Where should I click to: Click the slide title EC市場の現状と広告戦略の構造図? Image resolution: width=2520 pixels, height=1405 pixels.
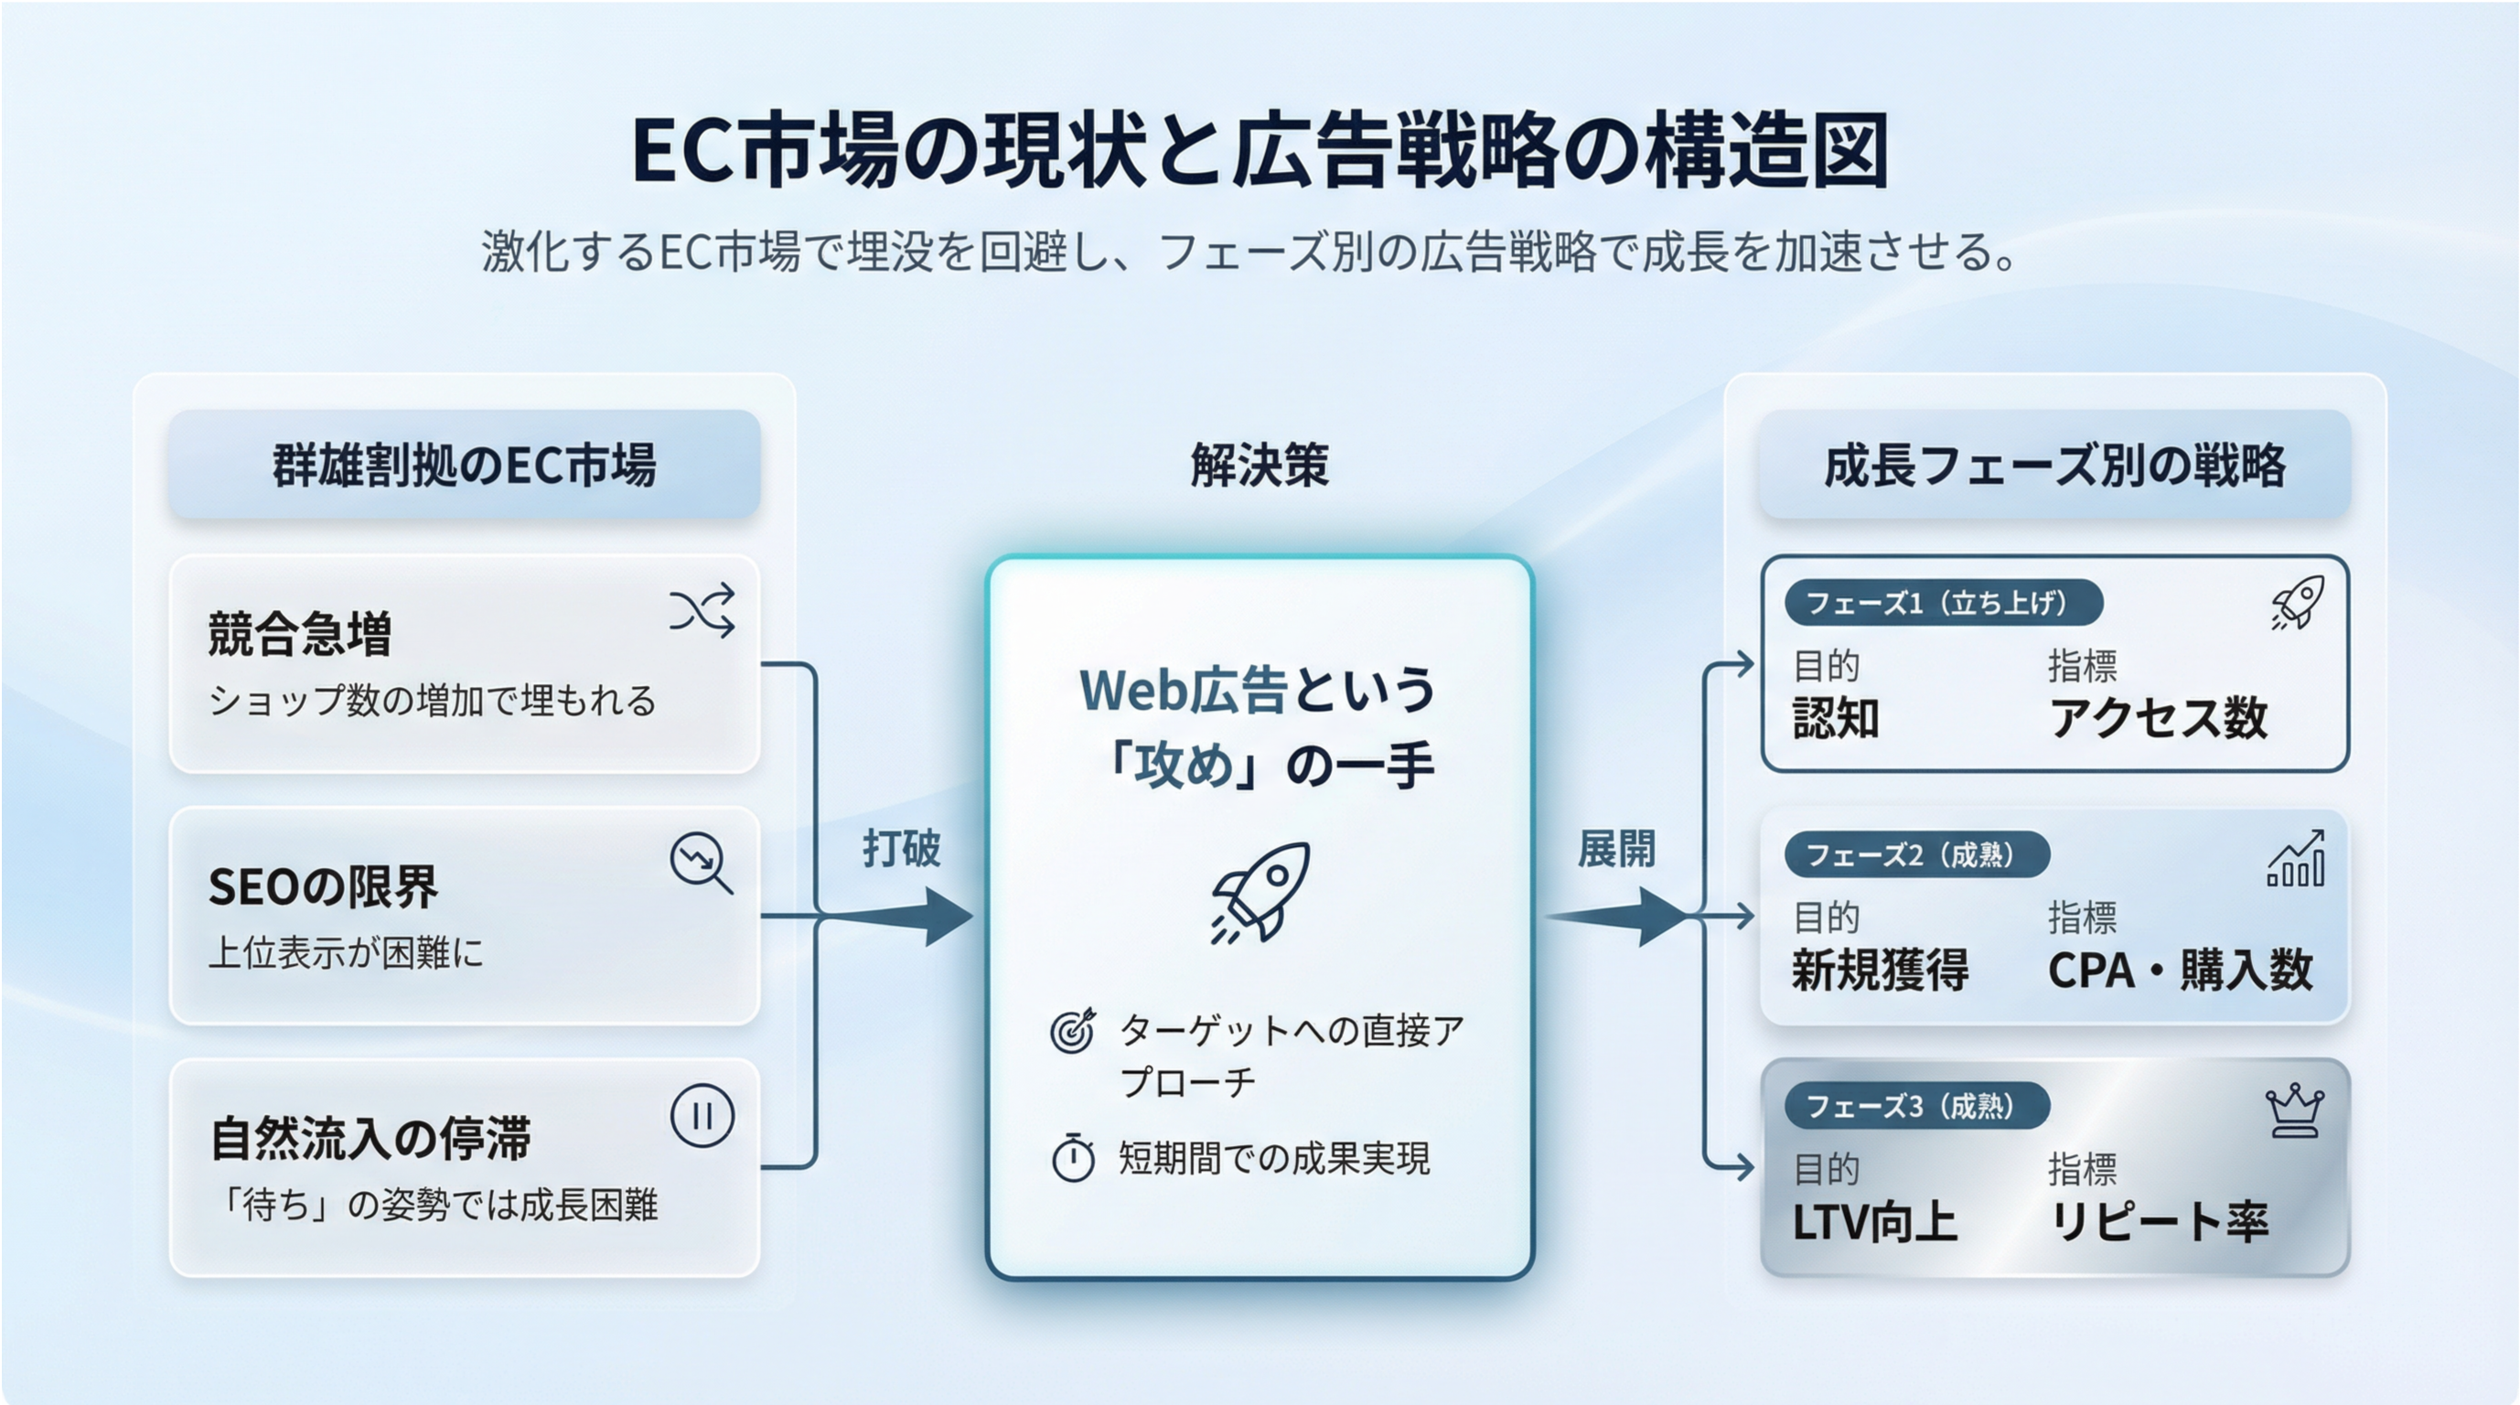click(1260, 152)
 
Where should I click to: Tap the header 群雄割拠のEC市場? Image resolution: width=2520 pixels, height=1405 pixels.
click(464, 465)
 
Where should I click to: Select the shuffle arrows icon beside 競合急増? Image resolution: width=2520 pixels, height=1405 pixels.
click(702, 612)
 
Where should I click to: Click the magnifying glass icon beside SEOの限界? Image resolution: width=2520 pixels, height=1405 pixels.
click(701, 863)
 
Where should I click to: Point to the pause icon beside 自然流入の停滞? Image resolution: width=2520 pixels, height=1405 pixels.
click(702, 1115)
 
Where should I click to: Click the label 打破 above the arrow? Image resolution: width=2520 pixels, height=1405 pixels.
click(901, 848)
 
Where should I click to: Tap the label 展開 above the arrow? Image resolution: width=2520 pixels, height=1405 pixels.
click(1616, 848)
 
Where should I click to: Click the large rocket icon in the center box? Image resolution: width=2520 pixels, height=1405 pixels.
click(1260, 893)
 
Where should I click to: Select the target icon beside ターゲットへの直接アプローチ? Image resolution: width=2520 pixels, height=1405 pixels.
click(1072, 1031)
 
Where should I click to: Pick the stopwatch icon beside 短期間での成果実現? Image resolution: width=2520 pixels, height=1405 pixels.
click(1073, 1158)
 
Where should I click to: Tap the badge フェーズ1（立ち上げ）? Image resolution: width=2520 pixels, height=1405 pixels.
click(1943, 603)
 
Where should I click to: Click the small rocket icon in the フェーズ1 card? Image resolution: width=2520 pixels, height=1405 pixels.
click(2297, 602)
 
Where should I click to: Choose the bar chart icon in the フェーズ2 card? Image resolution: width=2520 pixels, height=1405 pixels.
click(2296, 858)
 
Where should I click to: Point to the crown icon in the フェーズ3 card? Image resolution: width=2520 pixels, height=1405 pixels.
click(2294, 1112)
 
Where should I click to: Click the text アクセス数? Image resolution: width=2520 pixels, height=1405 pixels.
click(2158, 718)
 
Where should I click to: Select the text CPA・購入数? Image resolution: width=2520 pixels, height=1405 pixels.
click(2181, 971)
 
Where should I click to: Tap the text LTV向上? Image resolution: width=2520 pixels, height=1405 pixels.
click(1874, 1222)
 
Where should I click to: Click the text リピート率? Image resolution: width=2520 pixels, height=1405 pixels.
click(2158, 1222)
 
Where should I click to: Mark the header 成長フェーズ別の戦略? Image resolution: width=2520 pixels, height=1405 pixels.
click(2054, 465)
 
